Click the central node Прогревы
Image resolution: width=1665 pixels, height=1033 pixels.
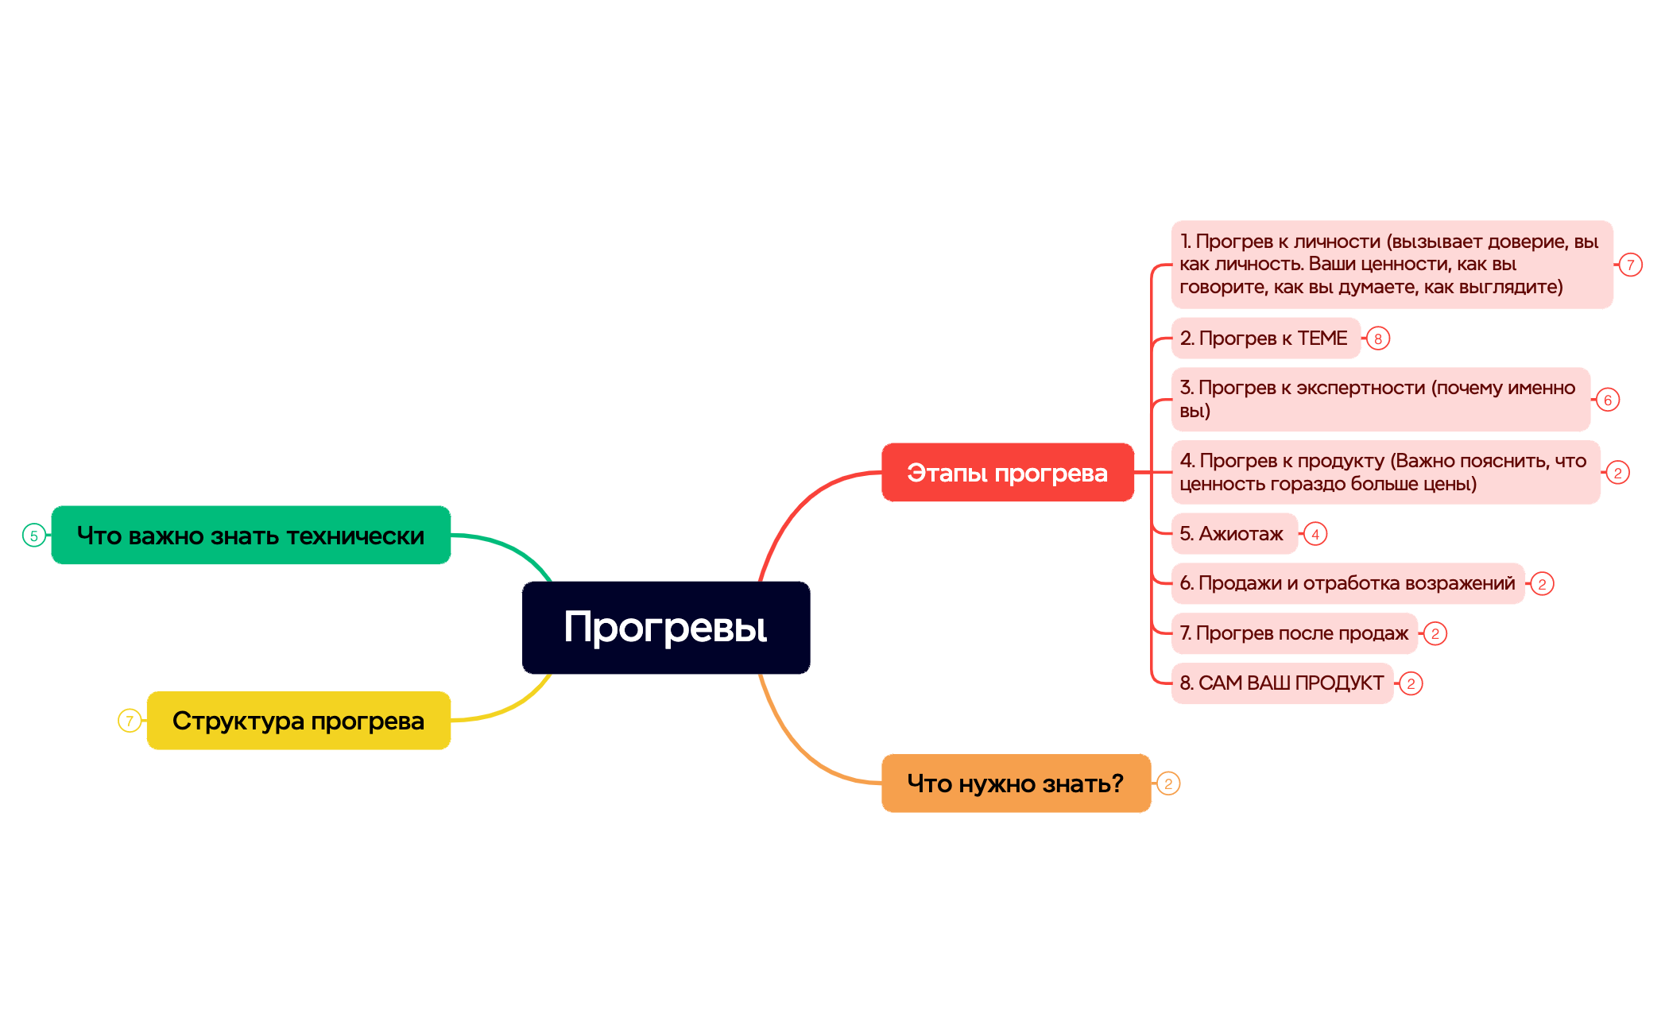coord(666,628)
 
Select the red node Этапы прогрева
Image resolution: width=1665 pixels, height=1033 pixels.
coord(1008,473)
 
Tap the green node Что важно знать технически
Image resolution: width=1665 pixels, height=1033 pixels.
coord(251,536)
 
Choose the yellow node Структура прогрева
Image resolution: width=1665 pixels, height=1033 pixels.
coord(299,721)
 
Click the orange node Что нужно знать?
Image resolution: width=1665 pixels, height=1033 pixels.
coord(1016,783)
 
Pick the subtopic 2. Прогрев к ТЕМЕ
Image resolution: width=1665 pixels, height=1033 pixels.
coord(1266,339)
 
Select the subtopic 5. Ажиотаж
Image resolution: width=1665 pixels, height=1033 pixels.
coord(1234,534)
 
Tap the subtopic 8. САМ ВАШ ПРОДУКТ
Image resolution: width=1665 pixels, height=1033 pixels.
coord(1283,683)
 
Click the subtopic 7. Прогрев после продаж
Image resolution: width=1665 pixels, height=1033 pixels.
coord(1295,633)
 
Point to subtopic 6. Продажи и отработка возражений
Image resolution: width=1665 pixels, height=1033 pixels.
coord(1348,583)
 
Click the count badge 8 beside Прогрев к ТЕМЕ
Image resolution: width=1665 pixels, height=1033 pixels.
coord(1378,339)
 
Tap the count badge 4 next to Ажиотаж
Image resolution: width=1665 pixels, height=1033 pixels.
coord(1315,534)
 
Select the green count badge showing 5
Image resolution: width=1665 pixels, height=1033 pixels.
coord(34,536)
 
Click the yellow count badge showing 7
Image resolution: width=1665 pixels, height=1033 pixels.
coord(130,721)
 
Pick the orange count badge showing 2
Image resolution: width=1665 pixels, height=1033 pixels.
coord(1168,783)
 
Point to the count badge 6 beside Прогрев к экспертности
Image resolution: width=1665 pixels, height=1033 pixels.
coord(1608,400)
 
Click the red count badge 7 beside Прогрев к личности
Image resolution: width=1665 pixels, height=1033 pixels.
coord(1631,265)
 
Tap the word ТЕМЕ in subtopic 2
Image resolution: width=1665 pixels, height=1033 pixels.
coord(1322,339)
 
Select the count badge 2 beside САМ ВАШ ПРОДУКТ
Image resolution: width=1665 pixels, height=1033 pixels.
coord(1411,683)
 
